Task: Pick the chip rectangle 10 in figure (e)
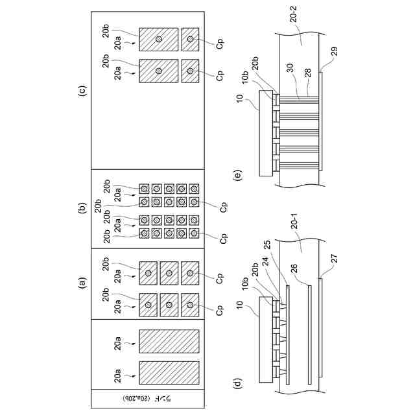click(266, 133)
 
